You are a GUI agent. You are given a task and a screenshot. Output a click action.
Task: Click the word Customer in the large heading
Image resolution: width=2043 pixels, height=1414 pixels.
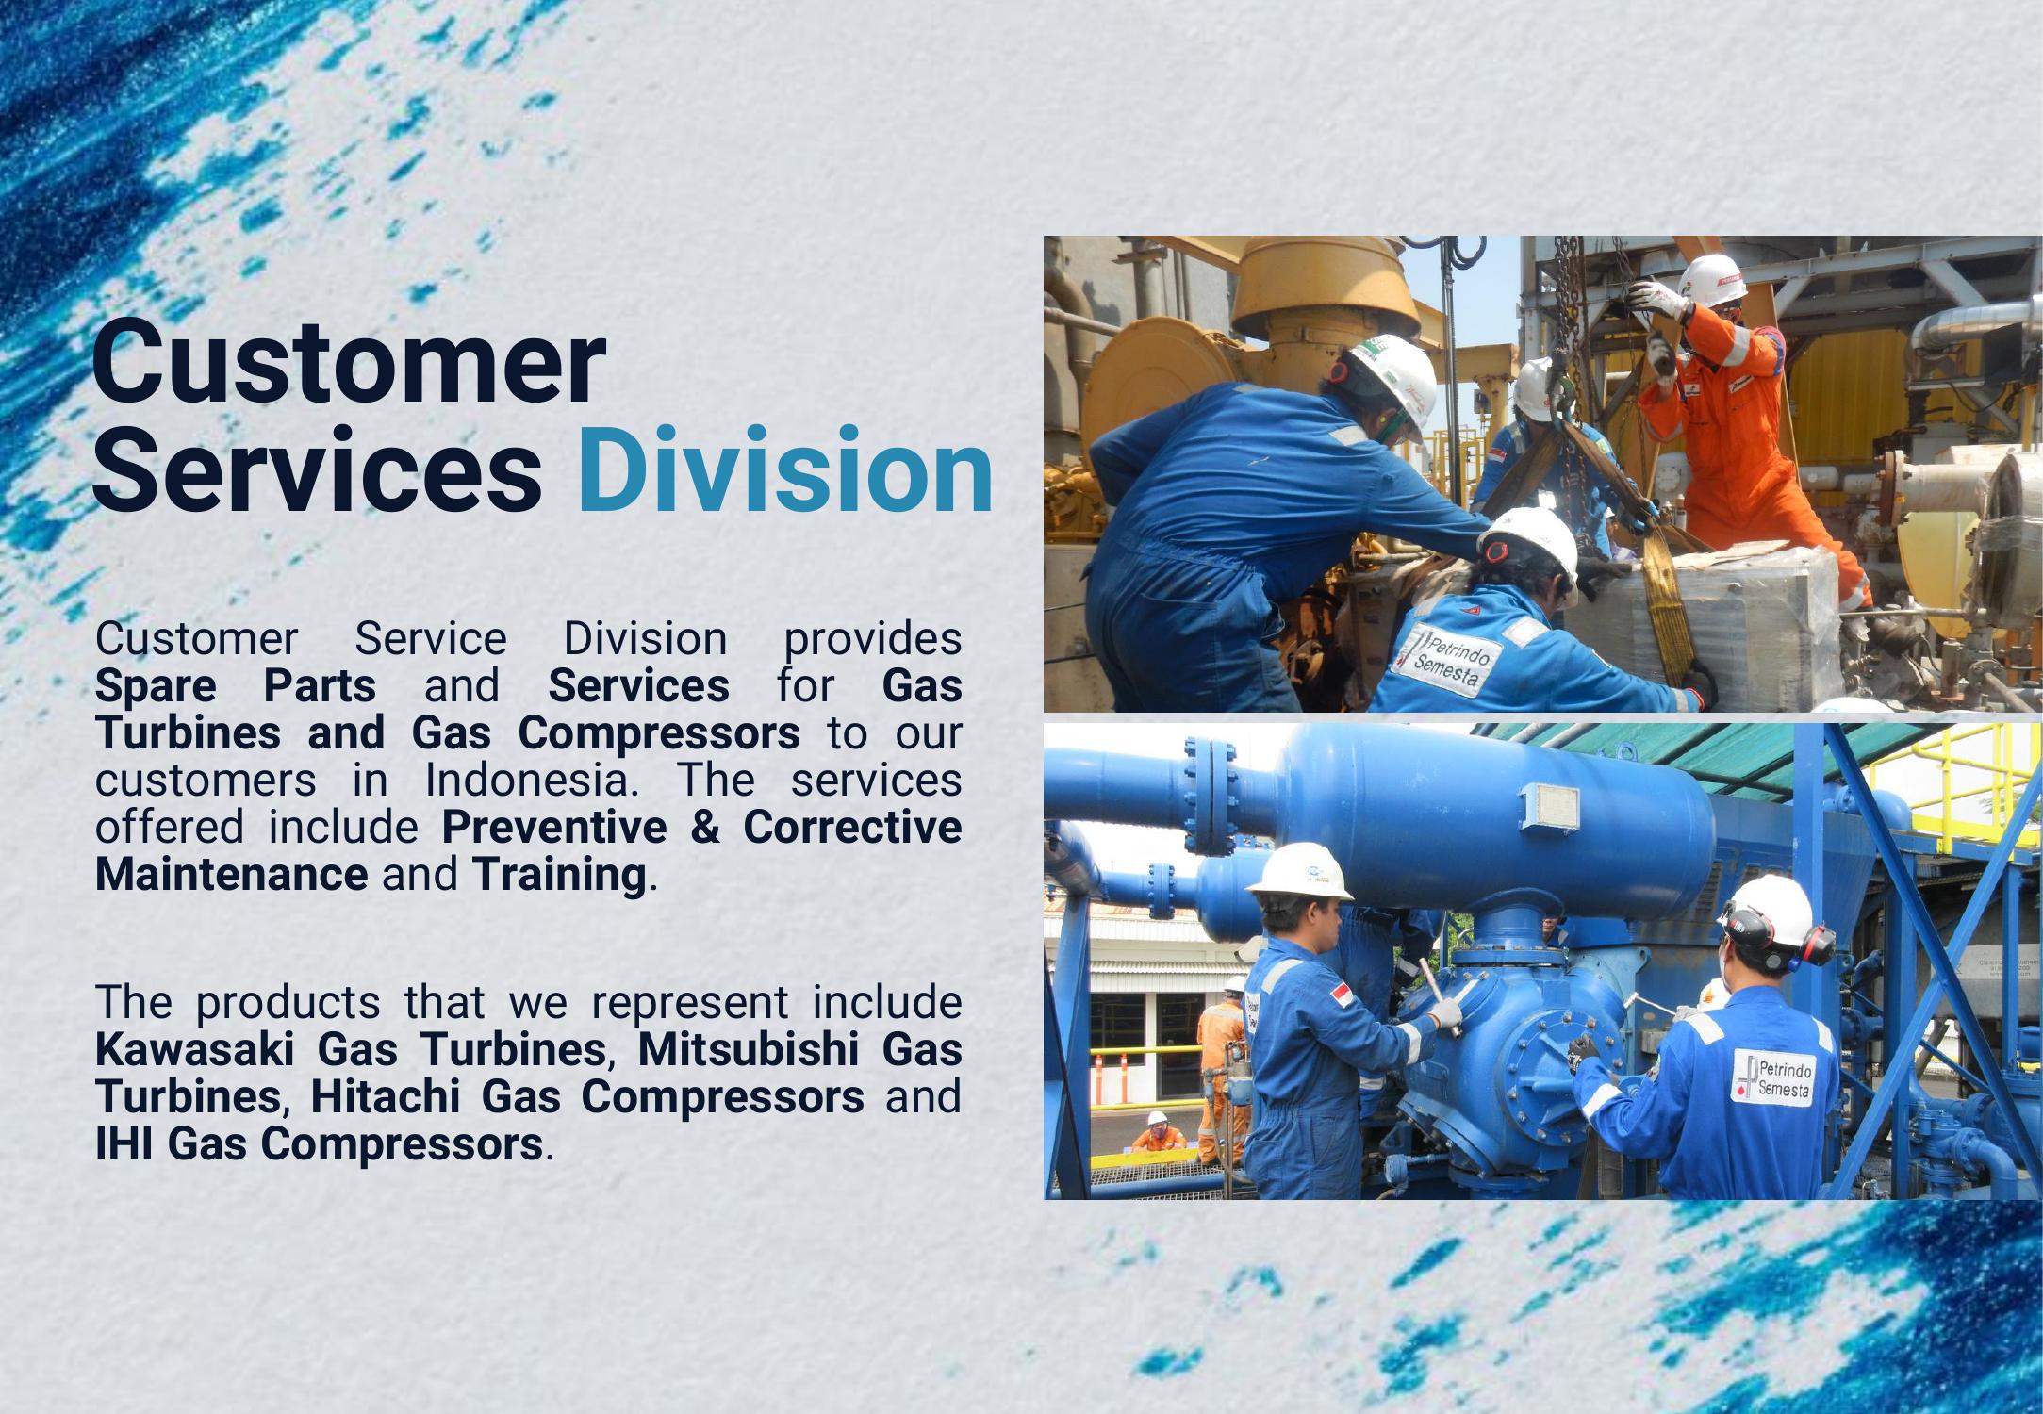point(348,363)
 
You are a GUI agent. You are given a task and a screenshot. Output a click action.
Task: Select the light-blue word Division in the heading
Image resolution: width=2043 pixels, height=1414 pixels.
point(785,469)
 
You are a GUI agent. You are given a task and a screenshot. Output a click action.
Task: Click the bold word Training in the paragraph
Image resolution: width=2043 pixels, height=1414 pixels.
point(559,874)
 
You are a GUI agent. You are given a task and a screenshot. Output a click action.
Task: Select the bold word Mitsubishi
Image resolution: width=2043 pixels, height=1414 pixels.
point(745,1049)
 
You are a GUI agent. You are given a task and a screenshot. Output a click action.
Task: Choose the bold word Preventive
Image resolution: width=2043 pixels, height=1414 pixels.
point(554,827)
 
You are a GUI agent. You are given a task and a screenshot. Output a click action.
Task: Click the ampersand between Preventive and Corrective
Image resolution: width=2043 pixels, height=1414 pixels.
point(705,827)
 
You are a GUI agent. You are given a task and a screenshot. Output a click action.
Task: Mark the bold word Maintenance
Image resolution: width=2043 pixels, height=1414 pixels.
point(231,874)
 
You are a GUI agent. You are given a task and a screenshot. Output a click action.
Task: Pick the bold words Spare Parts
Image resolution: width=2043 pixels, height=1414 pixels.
point(236,685)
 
